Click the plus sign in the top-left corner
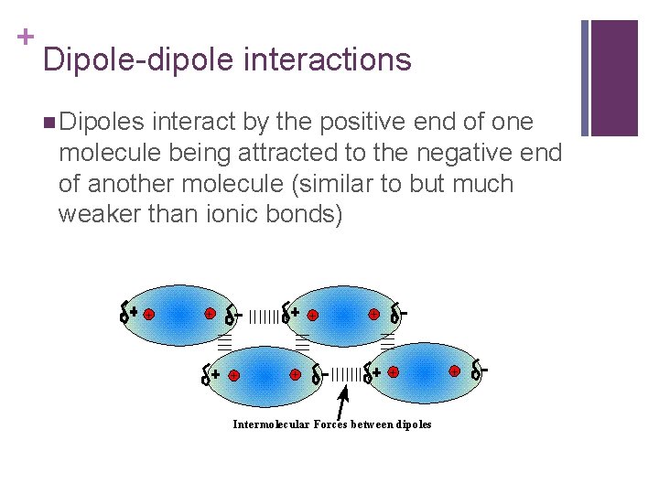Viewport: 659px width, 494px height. point(26,36)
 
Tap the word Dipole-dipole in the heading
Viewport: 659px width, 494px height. point(139,60)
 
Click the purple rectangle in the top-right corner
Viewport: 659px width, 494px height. point(614,77)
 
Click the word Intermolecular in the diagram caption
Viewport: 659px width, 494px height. point(272,424)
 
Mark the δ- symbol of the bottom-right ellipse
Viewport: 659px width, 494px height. point(478,371)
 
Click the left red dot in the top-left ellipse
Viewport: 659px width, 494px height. point(149,314)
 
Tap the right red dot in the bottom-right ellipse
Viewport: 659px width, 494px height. point(454,371)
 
